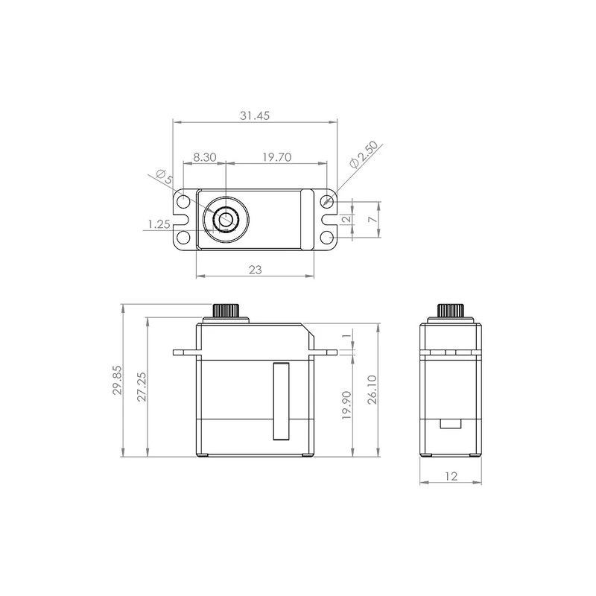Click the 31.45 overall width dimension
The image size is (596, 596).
point(255,115)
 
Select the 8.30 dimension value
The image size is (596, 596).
point(204,157)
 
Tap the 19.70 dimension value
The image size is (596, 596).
point(276,157)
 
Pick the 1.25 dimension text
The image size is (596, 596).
point(159,224)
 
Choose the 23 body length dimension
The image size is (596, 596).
point(255,270)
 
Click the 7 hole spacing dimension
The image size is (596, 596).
point(373,219)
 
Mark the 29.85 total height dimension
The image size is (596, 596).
point(117,380)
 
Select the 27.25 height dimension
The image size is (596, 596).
point(142,387)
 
